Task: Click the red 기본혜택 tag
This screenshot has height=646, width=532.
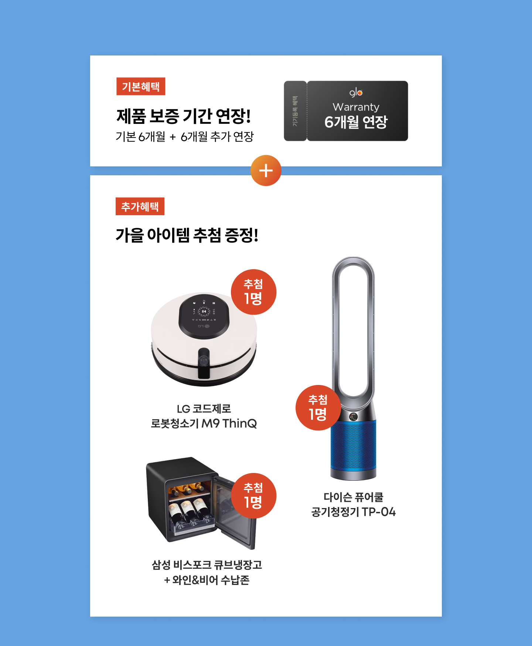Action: coord(141,87)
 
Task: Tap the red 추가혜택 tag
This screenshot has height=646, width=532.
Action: coord(140,206)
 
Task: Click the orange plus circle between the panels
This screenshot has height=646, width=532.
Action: coord(266,170)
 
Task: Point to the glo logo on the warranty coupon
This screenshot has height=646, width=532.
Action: coord(356,92)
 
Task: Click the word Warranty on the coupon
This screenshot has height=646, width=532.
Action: coord(356,107)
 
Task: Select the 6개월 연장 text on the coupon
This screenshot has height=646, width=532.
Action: coord(356,122)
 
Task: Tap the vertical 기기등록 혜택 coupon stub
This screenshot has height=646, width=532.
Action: coord(295,111)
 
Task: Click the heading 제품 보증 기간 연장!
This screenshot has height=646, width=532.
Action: coord(184,116)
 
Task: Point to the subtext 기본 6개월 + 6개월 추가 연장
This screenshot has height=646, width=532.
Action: coord(185,137)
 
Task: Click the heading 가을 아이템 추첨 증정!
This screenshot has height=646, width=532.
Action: coord(187,235)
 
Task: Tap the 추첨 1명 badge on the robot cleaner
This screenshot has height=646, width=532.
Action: coord(253,292)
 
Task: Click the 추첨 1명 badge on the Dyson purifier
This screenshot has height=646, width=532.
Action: coord(318,408)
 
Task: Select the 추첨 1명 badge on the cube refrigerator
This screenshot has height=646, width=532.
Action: coord(253,496)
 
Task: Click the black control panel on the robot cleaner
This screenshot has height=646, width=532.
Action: coord(204,317)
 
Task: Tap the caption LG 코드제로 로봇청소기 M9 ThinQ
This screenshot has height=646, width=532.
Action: coord(204,416)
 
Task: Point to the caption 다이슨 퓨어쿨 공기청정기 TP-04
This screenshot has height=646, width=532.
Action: coord(354,504)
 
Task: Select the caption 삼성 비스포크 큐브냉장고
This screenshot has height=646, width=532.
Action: coord(207,565)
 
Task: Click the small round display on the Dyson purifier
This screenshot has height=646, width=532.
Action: coord(354,416)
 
